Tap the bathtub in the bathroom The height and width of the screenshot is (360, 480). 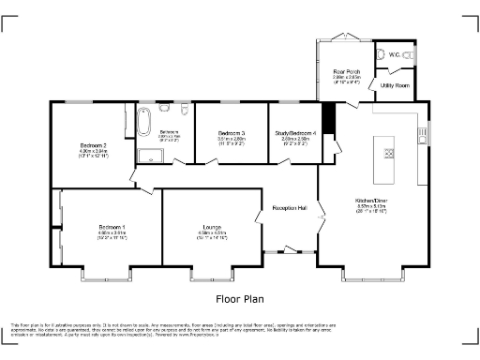click(x=143, y=123)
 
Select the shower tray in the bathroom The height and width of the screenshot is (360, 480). click(x=148, y=155)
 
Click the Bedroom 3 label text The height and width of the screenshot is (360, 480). click(x=232, y=133)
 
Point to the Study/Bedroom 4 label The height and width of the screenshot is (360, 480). click(x=293, y=133)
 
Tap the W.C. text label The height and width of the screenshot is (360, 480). click(x=396, y=55)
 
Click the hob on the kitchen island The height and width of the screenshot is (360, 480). click(x=387, y=153)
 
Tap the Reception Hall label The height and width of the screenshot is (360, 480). click(x=290, y=207)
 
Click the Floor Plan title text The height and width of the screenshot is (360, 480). click(x=239, y=299)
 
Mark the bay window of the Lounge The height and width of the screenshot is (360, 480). click(x=212, y=276)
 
